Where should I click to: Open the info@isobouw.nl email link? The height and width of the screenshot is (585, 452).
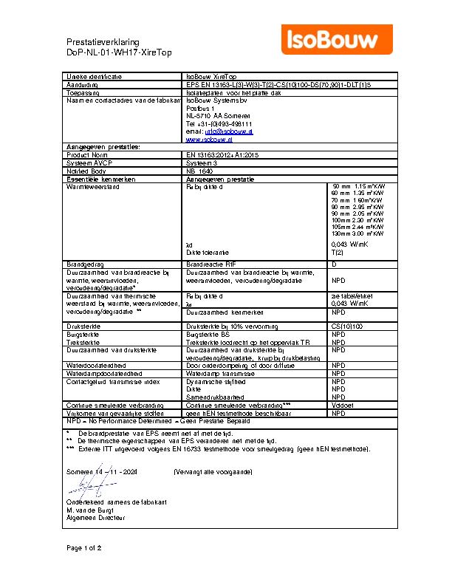[x=225, y=131]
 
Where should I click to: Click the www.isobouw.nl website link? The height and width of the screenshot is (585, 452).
[x=205, y=139]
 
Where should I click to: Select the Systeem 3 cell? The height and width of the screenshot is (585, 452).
[x=201, y=163]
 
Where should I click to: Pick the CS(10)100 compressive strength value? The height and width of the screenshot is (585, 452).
[x=347, y=326]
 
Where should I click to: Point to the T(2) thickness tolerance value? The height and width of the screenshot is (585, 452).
[x=338, y=252]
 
